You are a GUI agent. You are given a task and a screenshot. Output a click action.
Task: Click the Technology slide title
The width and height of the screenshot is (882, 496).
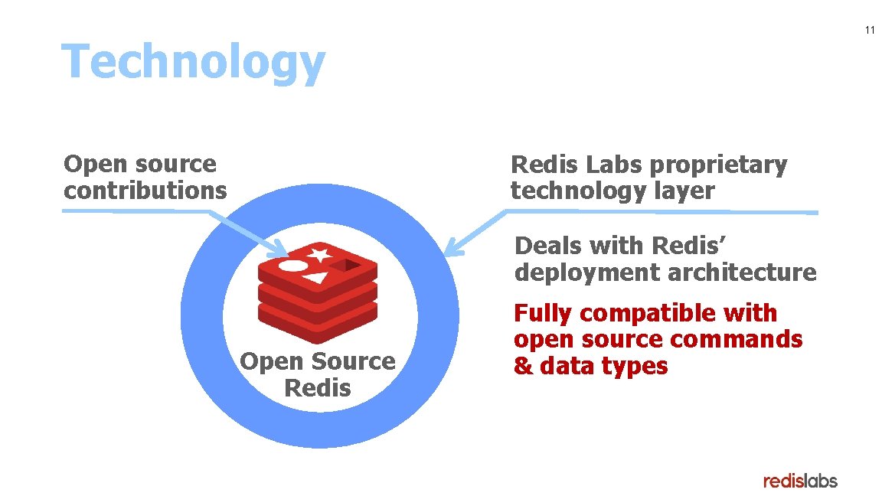point(193,63)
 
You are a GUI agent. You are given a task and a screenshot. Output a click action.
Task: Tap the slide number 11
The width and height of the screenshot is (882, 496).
point(869,31)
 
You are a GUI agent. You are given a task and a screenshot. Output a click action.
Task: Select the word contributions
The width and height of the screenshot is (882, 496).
point(145,190)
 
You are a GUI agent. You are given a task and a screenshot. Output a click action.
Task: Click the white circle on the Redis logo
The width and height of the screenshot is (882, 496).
point(292,266)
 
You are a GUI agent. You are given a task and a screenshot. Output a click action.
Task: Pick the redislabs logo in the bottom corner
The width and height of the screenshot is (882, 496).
point(800,481)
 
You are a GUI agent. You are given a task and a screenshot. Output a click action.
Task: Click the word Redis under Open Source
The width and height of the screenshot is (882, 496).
point(317,387)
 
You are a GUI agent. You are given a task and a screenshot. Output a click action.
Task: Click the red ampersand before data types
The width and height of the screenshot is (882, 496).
point(524,366)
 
